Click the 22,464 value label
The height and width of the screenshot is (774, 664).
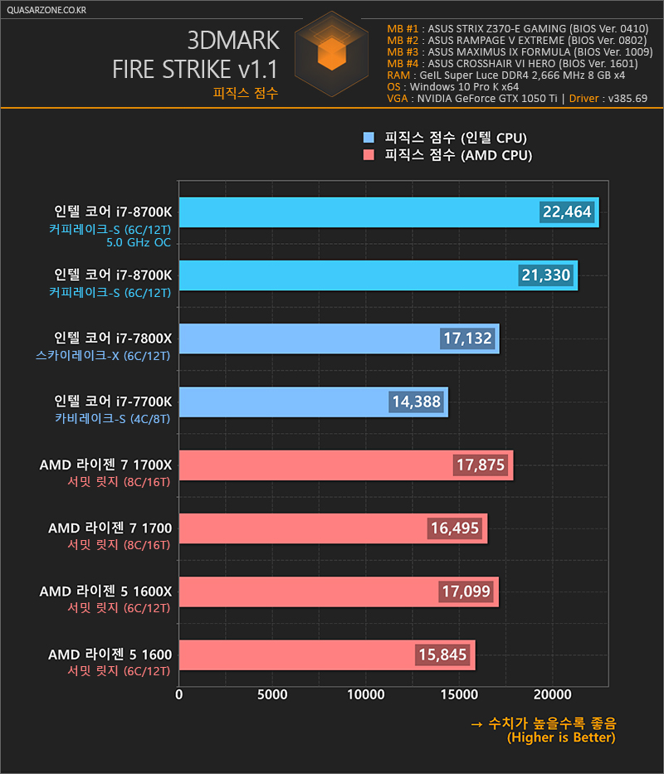pos(567,212)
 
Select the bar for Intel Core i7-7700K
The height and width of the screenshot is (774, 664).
pos(313,402)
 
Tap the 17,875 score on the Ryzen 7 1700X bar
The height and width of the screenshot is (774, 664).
pos(481,465)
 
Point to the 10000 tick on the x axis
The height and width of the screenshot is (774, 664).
pos(365,694)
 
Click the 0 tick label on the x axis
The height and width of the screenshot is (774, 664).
pos(178,694)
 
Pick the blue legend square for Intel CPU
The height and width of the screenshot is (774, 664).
pos(369,137)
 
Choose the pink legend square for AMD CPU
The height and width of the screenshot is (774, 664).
pos(369,155)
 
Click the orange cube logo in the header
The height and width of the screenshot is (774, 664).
pos(331,53)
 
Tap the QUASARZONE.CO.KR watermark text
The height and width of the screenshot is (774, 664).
pos(46,10)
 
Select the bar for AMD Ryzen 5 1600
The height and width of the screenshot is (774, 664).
pos(327,655)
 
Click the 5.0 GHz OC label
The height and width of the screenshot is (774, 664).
pos(139,242)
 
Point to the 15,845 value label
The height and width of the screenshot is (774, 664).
pos(442,655)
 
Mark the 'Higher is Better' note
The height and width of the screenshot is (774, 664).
pos(561,737)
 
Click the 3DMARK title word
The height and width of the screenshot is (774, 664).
pos(233,41)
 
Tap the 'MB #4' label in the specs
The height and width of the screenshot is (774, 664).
pos(403,64)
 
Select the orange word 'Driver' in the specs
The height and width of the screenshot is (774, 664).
pos(584,98)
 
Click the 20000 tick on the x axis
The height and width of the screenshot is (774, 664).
pos(552,694)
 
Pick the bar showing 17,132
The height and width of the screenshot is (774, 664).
pos(339,338)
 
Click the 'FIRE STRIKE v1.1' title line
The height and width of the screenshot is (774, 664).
pos(195,69)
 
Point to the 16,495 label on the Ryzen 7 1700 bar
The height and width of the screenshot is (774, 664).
pos(455,528)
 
